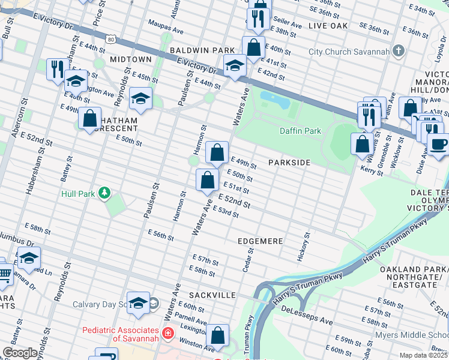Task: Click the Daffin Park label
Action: [x=300, y=131]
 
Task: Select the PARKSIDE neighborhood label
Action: [x=289, y=163]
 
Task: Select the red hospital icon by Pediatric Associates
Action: [x=168, y=331]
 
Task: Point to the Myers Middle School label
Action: [x=411, y=335]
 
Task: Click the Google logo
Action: [x=20, y=353]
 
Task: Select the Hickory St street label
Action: [x=304, y=246]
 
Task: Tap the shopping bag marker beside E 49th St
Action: [x=217, y=153]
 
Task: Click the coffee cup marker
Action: [x=438, y=145]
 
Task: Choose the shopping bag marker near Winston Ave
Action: [x=218, y=336]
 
